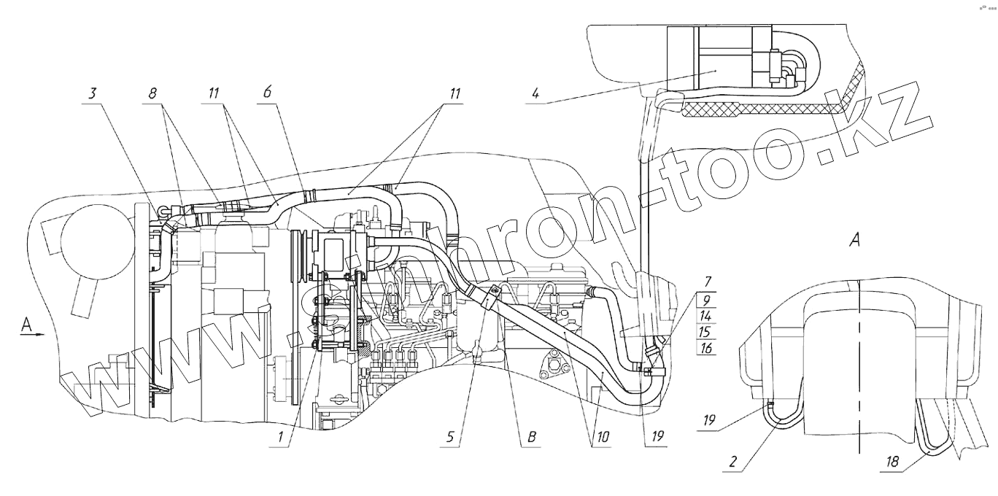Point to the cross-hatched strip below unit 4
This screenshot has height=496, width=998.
(759, 109)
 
